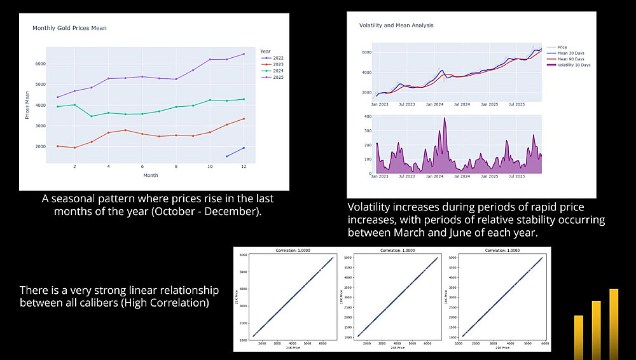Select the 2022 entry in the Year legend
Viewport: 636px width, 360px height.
click(x=277, y=58)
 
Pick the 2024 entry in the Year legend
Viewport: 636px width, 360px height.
click(x=277, y=71)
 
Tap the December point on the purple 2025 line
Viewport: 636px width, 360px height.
click(x=244, y=54)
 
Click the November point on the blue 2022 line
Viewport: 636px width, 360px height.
click(x=227, y=156)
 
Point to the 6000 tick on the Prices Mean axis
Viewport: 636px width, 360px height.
click(x=39, y=64)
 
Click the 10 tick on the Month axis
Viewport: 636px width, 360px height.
click(x=210, y=167)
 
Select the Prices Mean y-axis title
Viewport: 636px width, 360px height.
click(x=27, y=105)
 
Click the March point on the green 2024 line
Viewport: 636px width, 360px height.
click(x=92, y=116)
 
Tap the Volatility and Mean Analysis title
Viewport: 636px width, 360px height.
click(x=396, y=25)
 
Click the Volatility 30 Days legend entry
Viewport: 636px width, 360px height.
click(x=574, y=65)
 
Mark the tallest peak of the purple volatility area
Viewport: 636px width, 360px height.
click(x=445, y=118)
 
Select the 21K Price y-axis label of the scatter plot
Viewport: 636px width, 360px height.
click(x=236, y=298)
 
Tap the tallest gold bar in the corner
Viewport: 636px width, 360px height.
click(x=614, y=324)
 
